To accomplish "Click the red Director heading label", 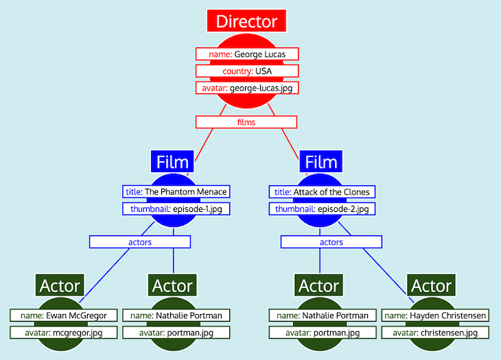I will click(246, 21).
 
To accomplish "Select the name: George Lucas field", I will click(246, 53).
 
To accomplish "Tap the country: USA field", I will click(246, 71).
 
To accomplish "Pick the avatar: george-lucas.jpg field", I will click(246, 88).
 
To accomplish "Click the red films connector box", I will click(246, 122).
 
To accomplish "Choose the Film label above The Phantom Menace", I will click(172, 163).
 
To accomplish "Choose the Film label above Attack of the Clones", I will click(321, 163).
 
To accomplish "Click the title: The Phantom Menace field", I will click(175, 192).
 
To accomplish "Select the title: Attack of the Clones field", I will click(323, 192).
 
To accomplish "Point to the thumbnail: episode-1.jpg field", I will click(175, 209).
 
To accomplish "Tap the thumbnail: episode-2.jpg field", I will click(323, 209).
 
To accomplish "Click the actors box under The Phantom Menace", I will click(139, 242).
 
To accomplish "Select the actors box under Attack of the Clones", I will click(331, 242).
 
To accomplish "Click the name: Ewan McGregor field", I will click(63, 315).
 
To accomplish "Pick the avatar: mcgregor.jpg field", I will click(63, 333).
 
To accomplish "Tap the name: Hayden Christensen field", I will click(435, 315).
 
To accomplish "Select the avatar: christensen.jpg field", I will click(435, 333).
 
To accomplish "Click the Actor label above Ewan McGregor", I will click(60, 285).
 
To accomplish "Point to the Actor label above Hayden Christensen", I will click(431, 285).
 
